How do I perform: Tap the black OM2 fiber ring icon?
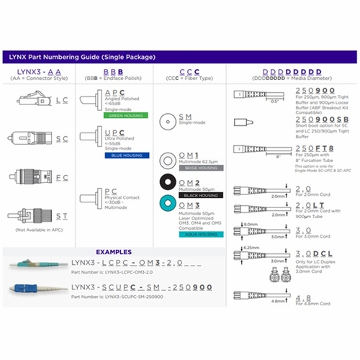point(167,185)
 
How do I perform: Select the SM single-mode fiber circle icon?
point(167,120)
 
